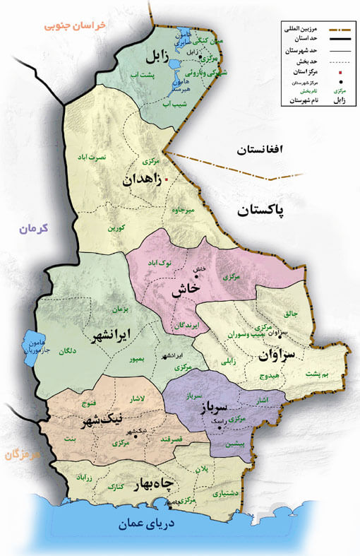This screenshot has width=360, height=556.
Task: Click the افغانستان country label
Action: point(259,150)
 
